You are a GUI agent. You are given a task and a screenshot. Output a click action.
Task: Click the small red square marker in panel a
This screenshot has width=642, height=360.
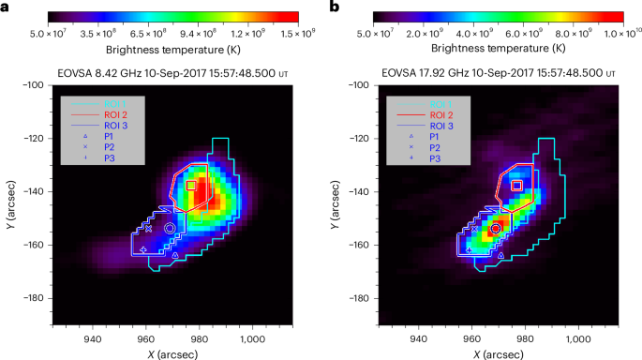click(x=191, y=186)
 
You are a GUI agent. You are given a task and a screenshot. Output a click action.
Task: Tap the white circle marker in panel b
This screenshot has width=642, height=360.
click(x=496, y=228)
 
